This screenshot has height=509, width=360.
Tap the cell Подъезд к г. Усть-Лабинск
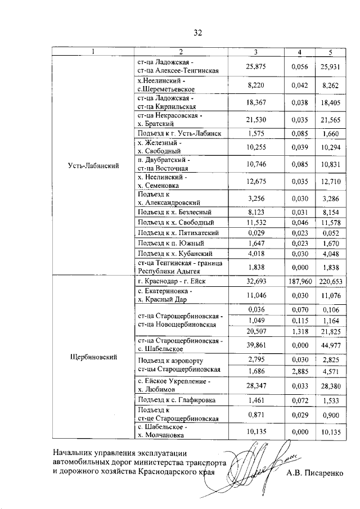pos(178,133)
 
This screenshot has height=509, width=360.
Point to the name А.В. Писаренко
pos(314,474)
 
